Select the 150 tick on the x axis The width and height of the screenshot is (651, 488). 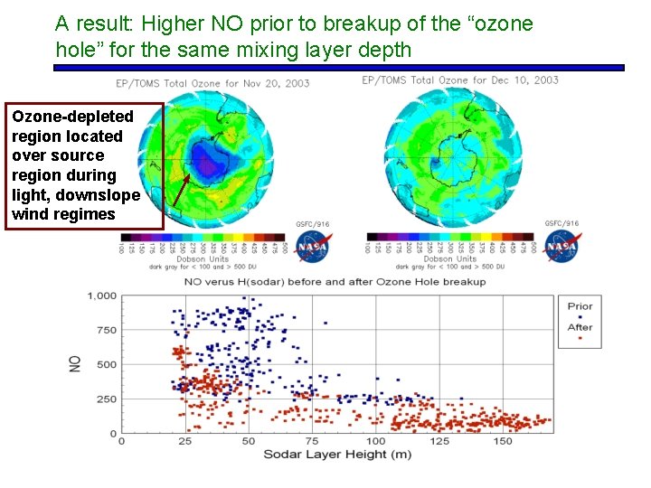(503, 441)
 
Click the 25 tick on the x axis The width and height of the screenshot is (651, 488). (185, 441)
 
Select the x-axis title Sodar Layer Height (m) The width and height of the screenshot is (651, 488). (337, 454)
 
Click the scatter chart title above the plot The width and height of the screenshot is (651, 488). (335, 281)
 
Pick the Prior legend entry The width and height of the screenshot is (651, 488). (580, 306)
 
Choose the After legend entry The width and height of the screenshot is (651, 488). (580, 327)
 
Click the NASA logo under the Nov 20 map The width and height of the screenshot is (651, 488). (314, 246)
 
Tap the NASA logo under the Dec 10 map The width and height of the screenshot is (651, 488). (561, 246)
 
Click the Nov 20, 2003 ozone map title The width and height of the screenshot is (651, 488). (212, 83)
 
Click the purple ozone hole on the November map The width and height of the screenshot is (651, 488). (210, 163)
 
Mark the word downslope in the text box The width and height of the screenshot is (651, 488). (102, 195)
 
